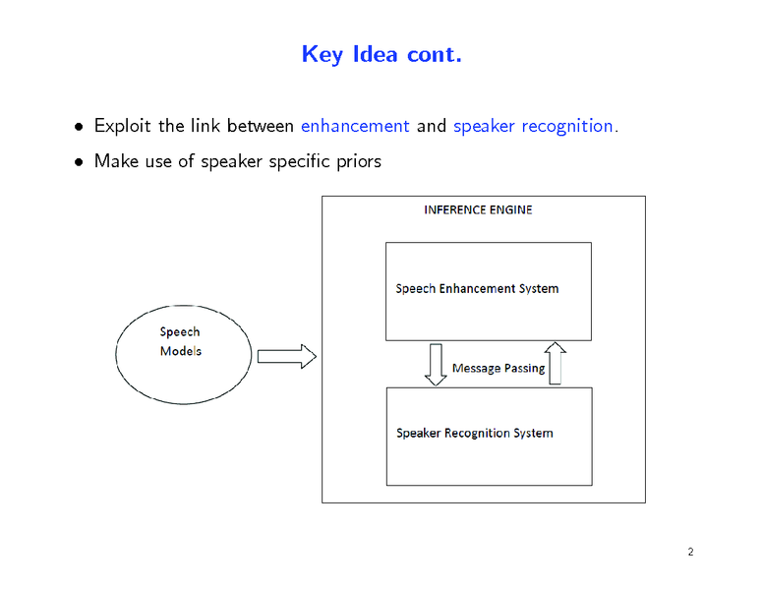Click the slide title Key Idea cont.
[381, 54]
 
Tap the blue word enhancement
[354, 126]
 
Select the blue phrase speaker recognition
[533, 126]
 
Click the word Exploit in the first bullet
[123, 126]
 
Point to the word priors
[358, 160]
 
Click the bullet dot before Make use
[79, 161]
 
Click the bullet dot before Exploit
[79, 127]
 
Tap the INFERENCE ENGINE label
[478, 209]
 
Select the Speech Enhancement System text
[477, 289]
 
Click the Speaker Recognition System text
[474, 433]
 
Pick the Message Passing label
[498, 369]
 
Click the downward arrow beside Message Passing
[436, 364]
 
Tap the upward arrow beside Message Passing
[555, 362]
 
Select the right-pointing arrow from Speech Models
[286, 356]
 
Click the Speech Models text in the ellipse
[180, 341]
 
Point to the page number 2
[691, 552]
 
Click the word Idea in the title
[375, 54]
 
